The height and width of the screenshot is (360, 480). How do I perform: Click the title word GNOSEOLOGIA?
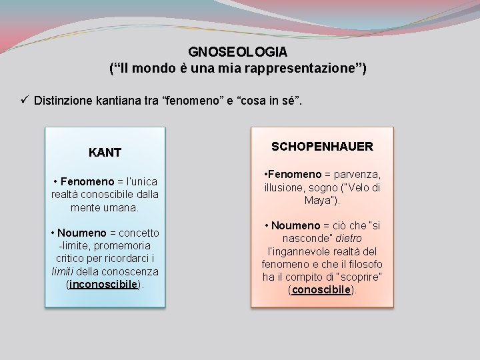pyautogui.click(x=238, y=51)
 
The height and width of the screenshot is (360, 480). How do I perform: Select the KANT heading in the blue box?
pyautogui.click(x=105, y=153)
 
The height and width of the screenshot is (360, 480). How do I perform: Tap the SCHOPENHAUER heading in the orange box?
pyautogui.click(x=322, y=146)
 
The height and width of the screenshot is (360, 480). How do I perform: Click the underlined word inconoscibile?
pyautogui.click(x=105, y=284)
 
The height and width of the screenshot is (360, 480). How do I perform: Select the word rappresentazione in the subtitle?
pyautogui.click(x=295, y=69)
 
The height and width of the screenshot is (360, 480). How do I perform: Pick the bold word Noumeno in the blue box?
pyautogui.click(x=82, y=233)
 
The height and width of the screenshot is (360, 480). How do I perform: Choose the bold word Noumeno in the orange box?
pyautogui.click(x=295, y=225)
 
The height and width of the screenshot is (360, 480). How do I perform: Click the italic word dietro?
pyautogui.click(x=348, y=238)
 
